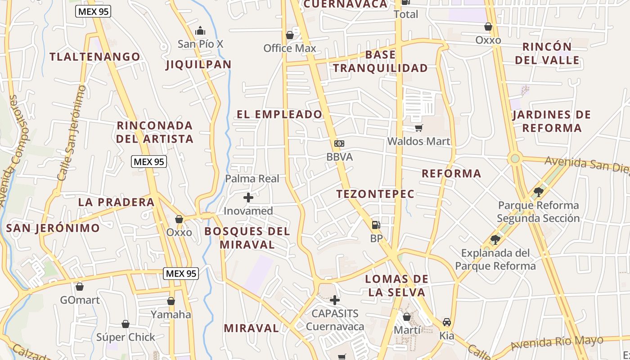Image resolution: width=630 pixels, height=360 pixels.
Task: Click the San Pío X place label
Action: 200,44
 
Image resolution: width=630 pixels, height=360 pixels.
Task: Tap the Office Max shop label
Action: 290,48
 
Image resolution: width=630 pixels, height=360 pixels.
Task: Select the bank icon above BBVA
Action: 339,144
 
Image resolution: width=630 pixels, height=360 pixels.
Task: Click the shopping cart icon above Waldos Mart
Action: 418,128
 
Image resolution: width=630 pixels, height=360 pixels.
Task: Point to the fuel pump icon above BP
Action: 376,225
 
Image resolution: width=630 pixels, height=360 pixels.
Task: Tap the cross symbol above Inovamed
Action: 248,198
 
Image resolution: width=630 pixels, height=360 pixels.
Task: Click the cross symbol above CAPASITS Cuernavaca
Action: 334,300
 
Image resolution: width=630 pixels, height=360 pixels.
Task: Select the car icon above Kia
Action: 446,322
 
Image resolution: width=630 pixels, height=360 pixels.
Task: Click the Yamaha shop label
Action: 171,314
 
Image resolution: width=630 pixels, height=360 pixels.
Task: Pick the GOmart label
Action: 80,300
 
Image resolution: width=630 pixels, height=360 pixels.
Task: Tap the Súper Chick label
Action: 126,337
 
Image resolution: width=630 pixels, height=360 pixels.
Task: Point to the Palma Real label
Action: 252,179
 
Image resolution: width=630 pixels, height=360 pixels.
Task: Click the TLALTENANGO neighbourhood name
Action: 95,57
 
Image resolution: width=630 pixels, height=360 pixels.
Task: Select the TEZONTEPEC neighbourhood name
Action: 375,194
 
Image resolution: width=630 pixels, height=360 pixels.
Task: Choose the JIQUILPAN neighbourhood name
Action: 198,64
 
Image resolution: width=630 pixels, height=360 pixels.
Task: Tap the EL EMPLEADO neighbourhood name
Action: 279,114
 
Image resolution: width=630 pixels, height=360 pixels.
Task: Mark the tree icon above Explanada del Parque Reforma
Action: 495,239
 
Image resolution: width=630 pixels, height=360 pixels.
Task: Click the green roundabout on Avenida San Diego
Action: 515,158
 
